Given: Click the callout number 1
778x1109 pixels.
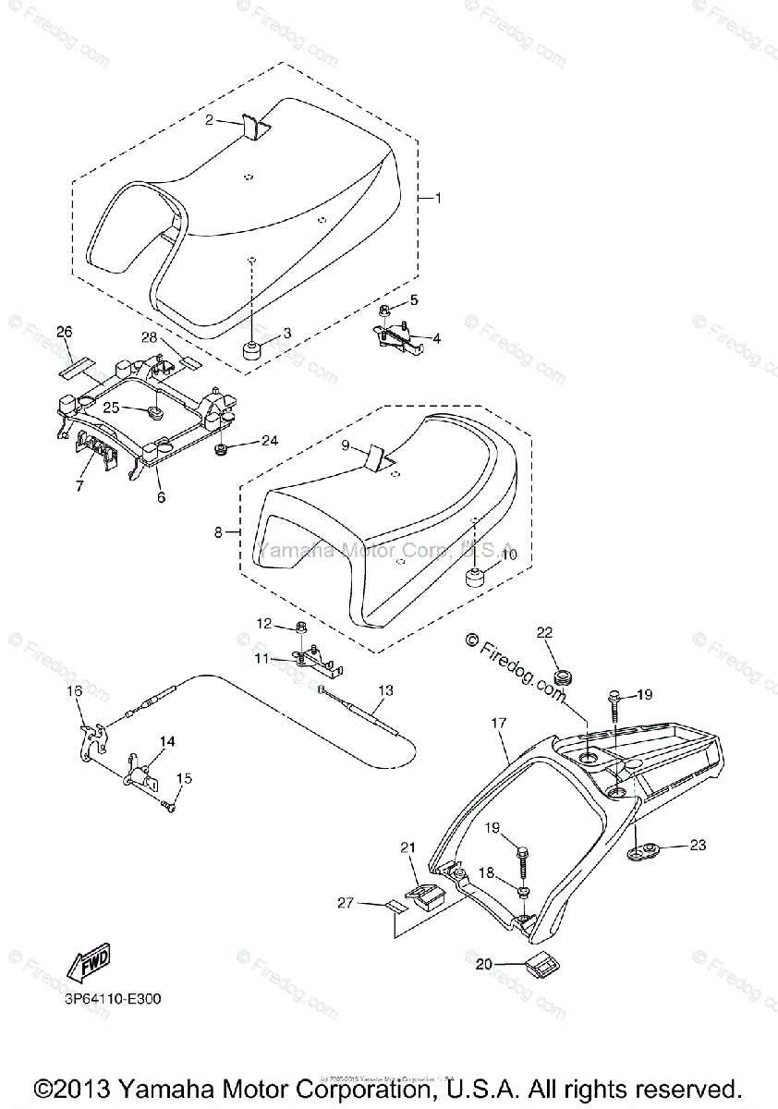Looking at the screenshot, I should (x=439, y=198).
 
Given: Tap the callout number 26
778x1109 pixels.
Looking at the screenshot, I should (x=64, y=331).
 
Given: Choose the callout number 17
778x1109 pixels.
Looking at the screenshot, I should (x=500, y=726).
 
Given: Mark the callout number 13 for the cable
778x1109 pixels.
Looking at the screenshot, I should (x=385, y=689).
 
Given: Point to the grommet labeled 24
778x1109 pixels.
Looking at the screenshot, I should (x=222, y=449).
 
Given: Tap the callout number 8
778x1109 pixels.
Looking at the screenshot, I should (x=219, y=532).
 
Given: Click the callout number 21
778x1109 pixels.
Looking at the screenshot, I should (x=408, y=847).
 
